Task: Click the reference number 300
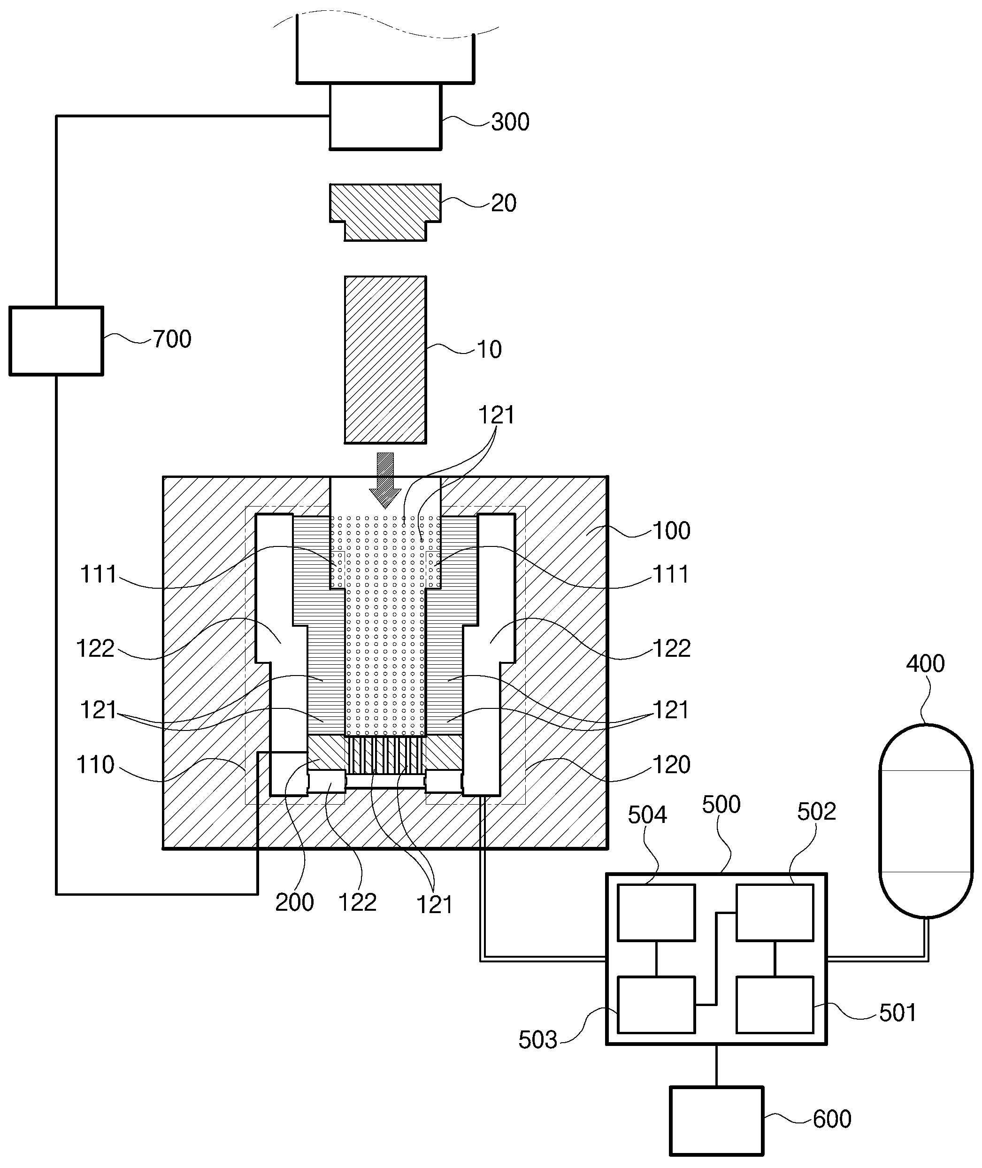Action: click(x=510, y=122)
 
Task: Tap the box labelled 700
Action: click(x=56, y=341)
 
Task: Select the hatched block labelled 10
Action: click(x=385, y=360)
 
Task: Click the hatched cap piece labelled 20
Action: click(x=385, y=212)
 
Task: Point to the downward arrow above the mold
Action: click(x=385, y=480)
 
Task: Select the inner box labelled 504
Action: click(x=656, y=913)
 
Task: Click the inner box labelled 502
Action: click(x=775, y=913)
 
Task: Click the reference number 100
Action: click(x=671, y=530)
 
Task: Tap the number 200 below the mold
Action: click(x=294, y=902)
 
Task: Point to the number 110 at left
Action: click(x=95, y=765)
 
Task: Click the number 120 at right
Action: click(x=671, y=765)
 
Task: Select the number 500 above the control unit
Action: click(x=721, y=805)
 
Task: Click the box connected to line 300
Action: click(x=385, y=116)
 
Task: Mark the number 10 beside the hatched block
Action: click(x=489, y=350)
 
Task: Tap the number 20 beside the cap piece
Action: click(x=504, y=203)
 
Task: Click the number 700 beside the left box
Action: click(x=172, y=339)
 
